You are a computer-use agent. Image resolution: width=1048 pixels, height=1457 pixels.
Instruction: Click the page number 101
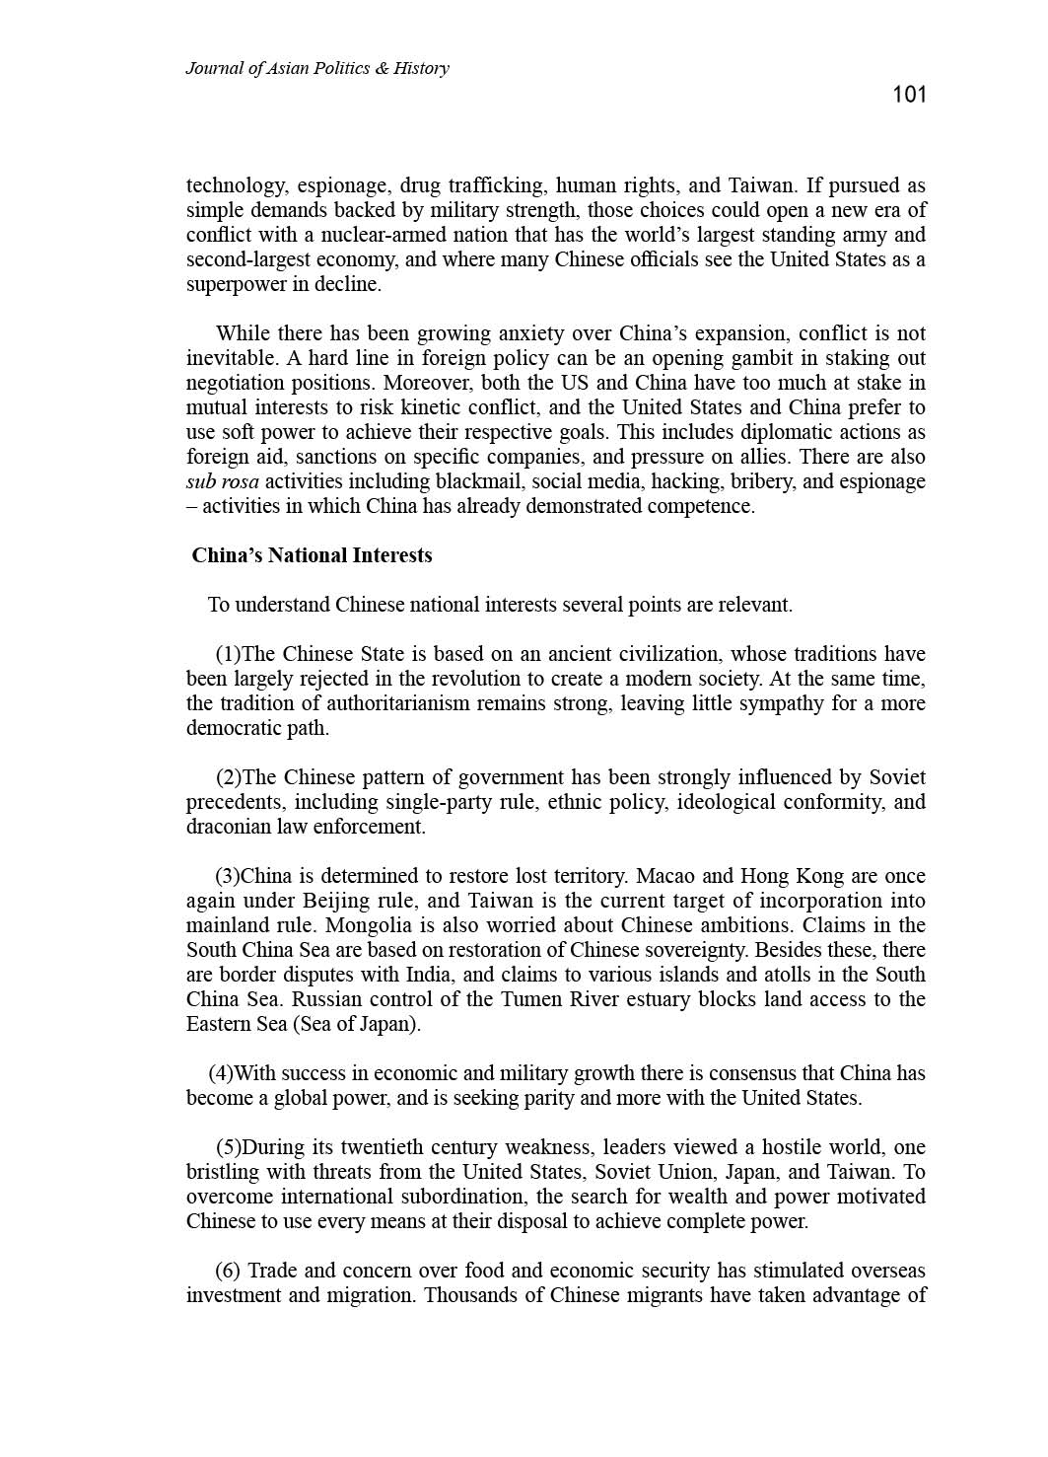(909, 95)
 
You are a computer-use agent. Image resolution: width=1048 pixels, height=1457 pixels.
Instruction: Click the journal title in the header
(316, 68)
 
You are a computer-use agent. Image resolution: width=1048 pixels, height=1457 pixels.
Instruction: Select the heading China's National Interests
(312, 555)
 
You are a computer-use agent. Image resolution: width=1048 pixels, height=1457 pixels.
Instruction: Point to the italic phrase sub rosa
(223, 481)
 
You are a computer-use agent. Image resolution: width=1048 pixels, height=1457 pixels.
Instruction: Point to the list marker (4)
(221, 1073)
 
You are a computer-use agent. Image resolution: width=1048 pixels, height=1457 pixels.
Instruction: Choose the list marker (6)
(228, 1271)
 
